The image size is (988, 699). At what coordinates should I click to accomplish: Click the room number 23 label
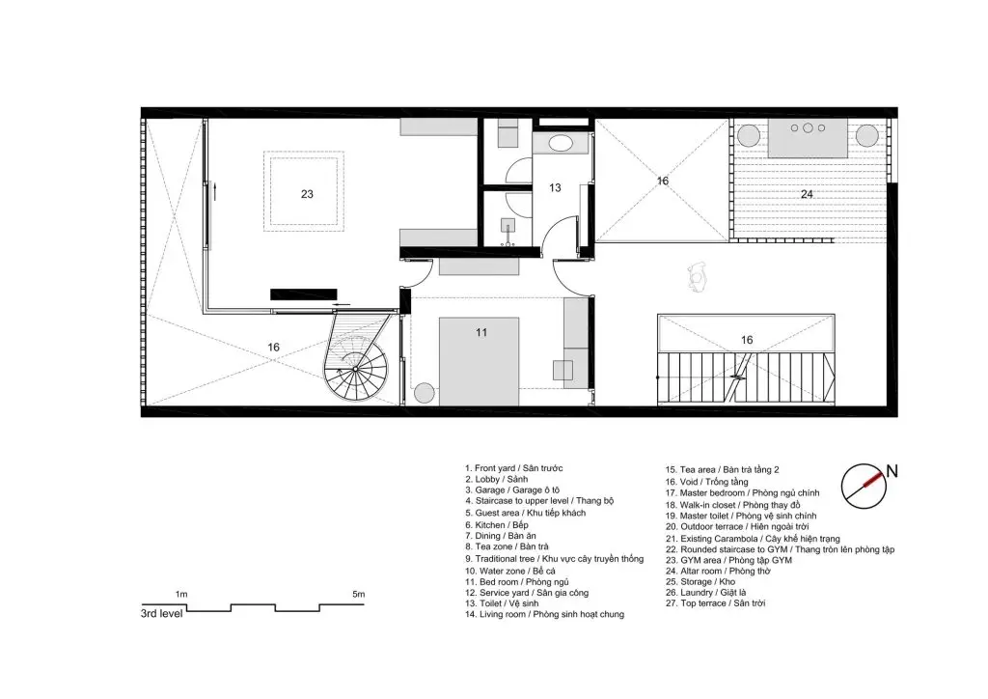tap(307, 194)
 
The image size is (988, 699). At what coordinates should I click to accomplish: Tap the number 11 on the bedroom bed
tap(481, 333)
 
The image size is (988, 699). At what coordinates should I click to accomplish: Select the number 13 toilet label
tap(555, 188)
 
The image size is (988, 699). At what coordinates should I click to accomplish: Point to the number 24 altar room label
tap(807, 194)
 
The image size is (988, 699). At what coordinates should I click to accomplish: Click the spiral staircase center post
tap(355, 369)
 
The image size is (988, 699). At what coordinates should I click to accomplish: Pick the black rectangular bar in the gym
tap(304, 294)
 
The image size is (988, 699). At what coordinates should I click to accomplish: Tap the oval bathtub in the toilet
tap(561, 143)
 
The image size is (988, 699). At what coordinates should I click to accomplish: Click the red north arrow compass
tap(864, 487)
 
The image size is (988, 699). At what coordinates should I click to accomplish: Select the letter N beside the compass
tap(892, 471)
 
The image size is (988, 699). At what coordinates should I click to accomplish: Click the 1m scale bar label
tap(180, 594)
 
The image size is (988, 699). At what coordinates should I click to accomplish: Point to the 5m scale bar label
tap(359, 594)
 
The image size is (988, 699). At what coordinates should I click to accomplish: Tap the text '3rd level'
tap(161, 613)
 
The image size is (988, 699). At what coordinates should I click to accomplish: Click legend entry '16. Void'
tap(707, 482)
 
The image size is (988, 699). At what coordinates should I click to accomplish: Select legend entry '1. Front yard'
tap(514, 468)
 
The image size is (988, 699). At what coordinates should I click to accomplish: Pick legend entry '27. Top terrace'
tap(715, 603)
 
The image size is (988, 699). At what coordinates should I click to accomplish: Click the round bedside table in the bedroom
tap(425, 393)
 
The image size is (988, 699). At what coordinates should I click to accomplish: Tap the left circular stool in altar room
tap(749, 135)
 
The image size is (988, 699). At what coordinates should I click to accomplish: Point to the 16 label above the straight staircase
tap(747, 341)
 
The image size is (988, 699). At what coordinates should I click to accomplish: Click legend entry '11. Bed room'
tap(508, 582)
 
